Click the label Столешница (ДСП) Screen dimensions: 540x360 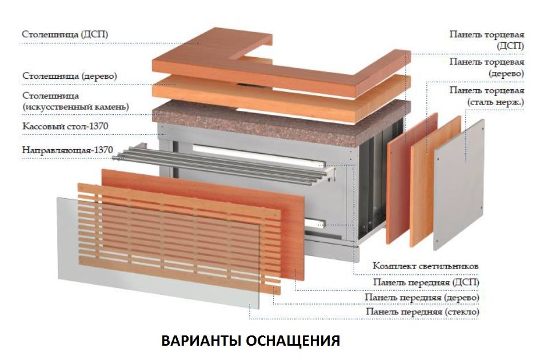click(65, 34)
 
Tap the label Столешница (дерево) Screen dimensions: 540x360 click(70, 76)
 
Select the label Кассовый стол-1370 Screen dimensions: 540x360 click(65, 126)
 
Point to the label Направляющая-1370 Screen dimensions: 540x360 click(67, 150)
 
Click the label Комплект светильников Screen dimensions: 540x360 click(426, 266)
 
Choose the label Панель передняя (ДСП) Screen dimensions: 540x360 click(426, 282)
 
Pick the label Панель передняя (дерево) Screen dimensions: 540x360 click(422, 297)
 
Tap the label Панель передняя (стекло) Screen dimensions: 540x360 click(422, 312)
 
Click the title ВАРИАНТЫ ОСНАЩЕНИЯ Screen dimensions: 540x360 click(251, 341)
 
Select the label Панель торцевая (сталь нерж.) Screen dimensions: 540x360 click(487, 97)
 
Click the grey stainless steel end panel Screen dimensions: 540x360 click(459, 185)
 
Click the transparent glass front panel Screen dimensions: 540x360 click(158, 253)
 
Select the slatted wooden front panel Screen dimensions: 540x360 click(179, 238)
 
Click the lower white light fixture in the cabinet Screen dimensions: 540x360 click(315, 223)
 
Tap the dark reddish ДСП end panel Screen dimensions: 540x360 click(412, 178)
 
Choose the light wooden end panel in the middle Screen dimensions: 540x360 click(435, 182)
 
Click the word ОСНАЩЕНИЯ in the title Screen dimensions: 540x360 click(293, 341)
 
